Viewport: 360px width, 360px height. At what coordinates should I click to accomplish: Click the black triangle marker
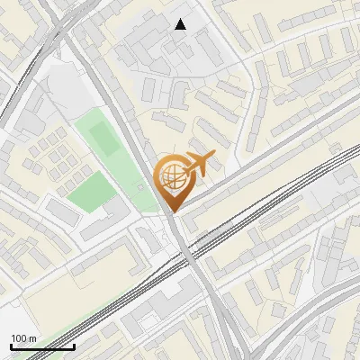click(x=181, y=24)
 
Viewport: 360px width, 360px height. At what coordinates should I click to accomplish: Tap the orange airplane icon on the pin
click(x=198, y=165)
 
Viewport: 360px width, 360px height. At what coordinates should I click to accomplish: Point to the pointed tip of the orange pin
click(x=171, y=211)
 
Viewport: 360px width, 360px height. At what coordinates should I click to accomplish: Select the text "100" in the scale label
click(x=19, y=338)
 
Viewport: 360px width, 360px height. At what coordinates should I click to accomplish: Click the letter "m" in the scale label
click(x=32, y=338)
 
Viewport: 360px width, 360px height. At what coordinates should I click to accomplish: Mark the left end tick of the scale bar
click(x=10, y=346)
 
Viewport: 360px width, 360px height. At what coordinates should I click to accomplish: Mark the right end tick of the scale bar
click(x=74, y=346)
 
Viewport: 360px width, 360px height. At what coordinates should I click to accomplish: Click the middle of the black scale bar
click(x=42, y=346)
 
